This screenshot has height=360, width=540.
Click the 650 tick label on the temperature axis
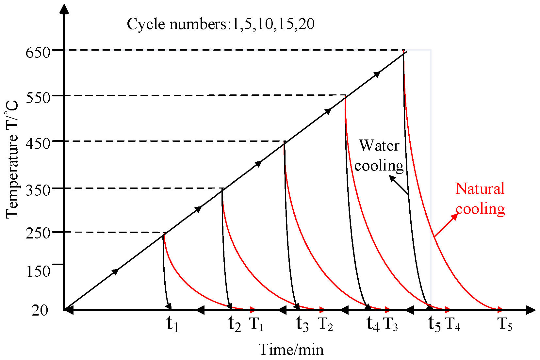pyautogui.click(x=38, y=52)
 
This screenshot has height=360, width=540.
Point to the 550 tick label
pyautogui.click(x=38, y=97)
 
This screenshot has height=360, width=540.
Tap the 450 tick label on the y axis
pyautogui.click(x=38, y=143)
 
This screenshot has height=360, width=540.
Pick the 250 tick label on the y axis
pyautogui.click(x=38, y=234)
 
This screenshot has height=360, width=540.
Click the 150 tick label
pyautogui.click(x=38, y=271)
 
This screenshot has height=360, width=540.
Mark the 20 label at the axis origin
pyautogui.click(x=40, y=310)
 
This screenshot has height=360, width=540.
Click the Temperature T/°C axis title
pyautogui.click(x=12, y=160)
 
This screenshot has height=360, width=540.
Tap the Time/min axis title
pyautogui.click(x=291, y=350)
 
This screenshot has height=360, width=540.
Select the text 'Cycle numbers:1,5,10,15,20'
pyautogui.click(x=221, y=24)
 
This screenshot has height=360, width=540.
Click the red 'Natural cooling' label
pyautogui.click(x=480, y=199)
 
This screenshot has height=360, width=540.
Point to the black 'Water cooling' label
pyautogui.click(x=379, y=155)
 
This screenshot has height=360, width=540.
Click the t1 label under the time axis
pyautogui.click(x=172, y=324)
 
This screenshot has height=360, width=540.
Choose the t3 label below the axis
pyautogui.click(x=302, y=324)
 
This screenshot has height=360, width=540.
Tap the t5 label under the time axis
pyautogui.click(x=434, y=324)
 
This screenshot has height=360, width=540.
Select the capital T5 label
pyautogui.click(x=505, y=324)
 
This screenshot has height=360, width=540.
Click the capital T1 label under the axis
pyautogui.click(x=256, y=324)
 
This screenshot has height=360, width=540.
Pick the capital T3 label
pyautogui.click(x=390, y=324)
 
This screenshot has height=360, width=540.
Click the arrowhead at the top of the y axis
pyautogui.click(x=65, y=9)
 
